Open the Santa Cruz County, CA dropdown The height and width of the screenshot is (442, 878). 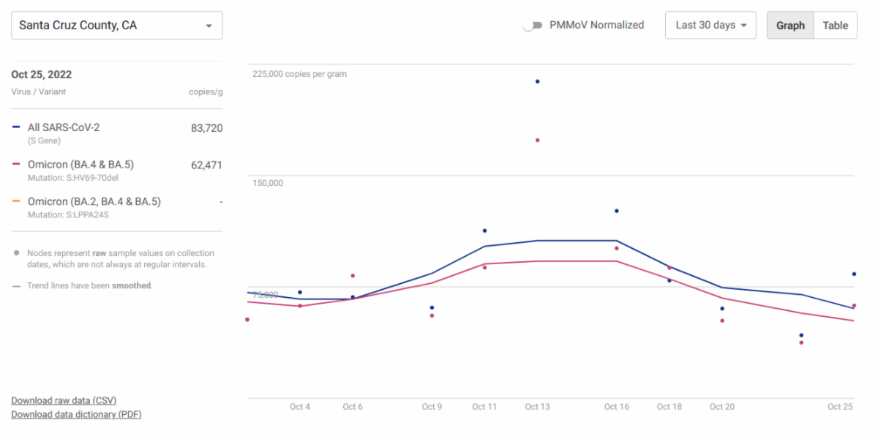click(x=117, y=26)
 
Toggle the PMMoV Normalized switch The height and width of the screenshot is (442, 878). click(x=533, y=25)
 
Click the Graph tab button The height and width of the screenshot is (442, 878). click(x=790, y=26)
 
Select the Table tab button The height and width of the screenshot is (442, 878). click(x=835, y=26)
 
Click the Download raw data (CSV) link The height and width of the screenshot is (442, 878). click(x=64, y=400)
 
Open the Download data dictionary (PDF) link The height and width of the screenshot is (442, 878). click(x=76, y=414)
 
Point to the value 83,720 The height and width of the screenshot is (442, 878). click(x=206, y=128)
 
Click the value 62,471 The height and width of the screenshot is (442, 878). click(x=206, y=165)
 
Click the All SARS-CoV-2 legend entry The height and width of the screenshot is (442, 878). click(x=64, y=128)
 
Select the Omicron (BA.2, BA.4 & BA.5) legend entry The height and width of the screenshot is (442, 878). click(x=94, y=201)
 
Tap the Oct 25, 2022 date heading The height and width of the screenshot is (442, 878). click(x=42, y=75)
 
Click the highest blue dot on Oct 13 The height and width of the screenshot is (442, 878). click(x=538, y=81)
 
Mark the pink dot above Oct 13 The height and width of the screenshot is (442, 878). click(x=538, y=140)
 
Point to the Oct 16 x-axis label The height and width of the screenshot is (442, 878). click(x=617, y=407)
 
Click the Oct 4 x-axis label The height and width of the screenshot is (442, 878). click(x=300, y=407)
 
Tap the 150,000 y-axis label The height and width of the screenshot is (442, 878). click(x=268, y=183)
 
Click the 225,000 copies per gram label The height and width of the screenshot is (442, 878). click(x=300, y=74)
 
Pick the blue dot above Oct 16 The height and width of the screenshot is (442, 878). click(x=617, y=211)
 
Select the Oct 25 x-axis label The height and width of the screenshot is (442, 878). click(x=840, y=407)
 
